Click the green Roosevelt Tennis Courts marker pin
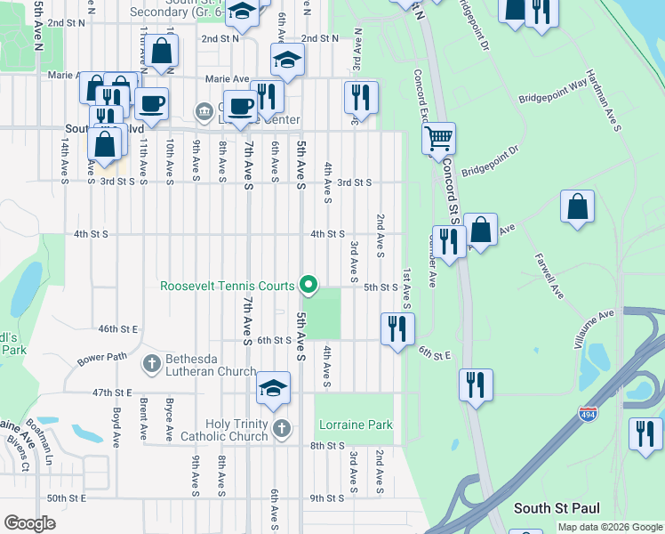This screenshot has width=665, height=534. click(308, 285)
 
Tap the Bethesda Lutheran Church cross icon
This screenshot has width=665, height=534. click(151, 363)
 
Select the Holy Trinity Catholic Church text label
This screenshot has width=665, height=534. click(236, 430)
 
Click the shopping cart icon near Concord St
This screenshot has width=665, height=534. click(438, 138)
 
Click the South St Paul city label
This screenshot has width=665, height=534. click(557, 508)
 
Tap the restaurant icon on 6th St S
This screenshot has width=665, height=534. click(397, 328)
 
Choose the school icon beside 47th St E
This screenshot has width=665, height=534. click(274, 387)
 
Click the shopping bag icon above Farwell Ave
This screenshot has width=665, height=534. click(577, 206)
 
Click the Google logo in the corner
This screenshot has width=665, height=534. click(30, 523)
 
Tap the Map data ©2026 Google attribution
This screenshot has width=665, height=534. click(610, 527)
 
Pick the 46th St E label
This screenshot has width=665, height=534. click(119, 328)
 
